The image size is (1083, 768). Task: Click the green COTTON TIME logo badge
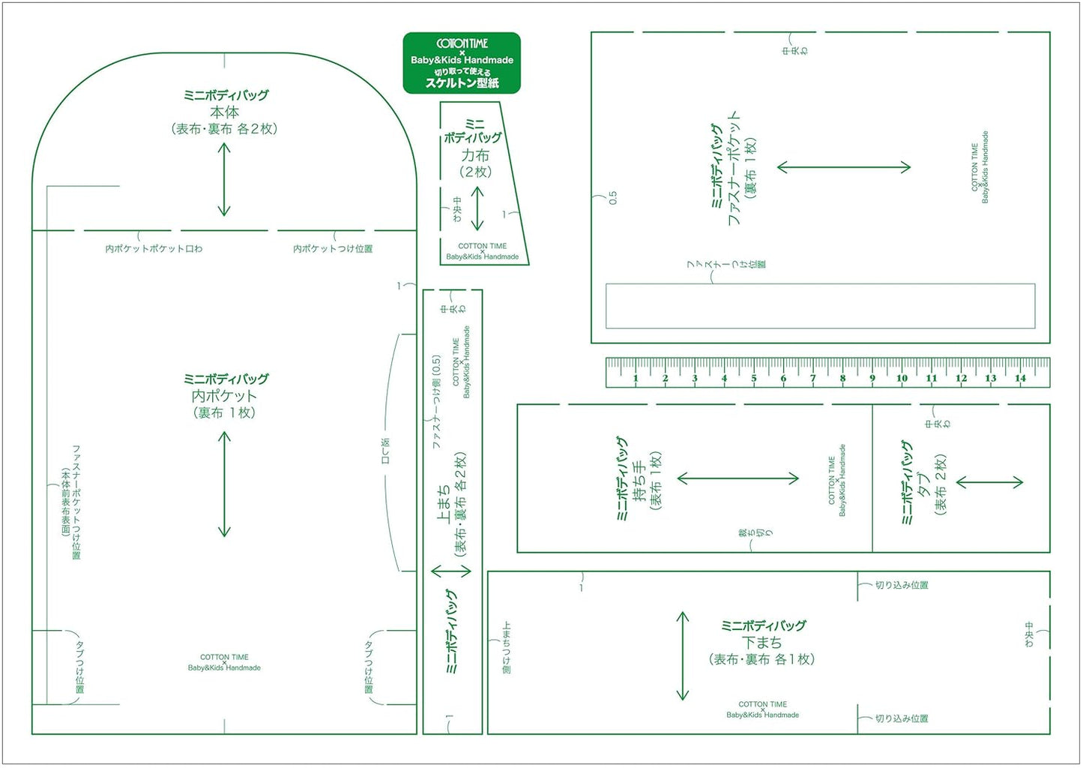tap(462, 63)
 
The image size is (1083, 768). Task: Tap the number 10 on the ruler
tap(902, 379)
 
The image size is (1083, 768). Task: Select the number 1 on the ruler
tap(636, 379)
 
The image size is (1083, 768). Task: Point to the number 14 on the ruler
tap(1020, 379)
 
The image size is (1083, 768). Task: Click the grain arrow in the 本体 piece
tap(224, 179)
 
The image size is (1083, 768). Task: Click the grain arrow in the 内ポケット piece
tap(224, 484)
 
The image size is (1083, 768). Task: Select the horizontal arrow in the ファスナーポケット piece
tap(844, 167)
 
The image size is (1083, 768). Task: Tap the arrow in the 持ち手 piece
tap(738, 478)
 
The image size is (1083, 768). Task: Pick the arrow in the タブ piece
tap(990, 482)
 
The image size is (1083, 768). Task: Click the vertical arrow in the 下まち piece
tap(682, 656)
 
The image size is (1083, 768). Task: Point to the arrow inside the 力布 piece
tap(477, 208)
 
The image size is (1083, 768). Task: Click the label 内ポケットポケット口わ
tap(154, 249)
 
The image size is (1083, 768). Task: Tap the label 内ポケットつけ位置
tap(333, 249)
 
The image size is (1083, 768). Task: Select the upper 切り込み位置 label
tap(902, 585)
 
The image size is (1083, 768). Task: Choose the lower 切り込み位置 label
tap(902, 718)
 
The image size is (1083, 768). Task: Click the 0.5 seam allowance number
tap(613, 198)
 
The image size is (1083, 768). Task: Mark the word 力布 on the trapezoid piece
tap(475, 155)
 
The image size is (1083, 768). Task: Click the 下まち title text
tap(762, 643)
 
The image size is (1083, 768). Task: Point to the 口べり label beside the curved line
tap(386, 451)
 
